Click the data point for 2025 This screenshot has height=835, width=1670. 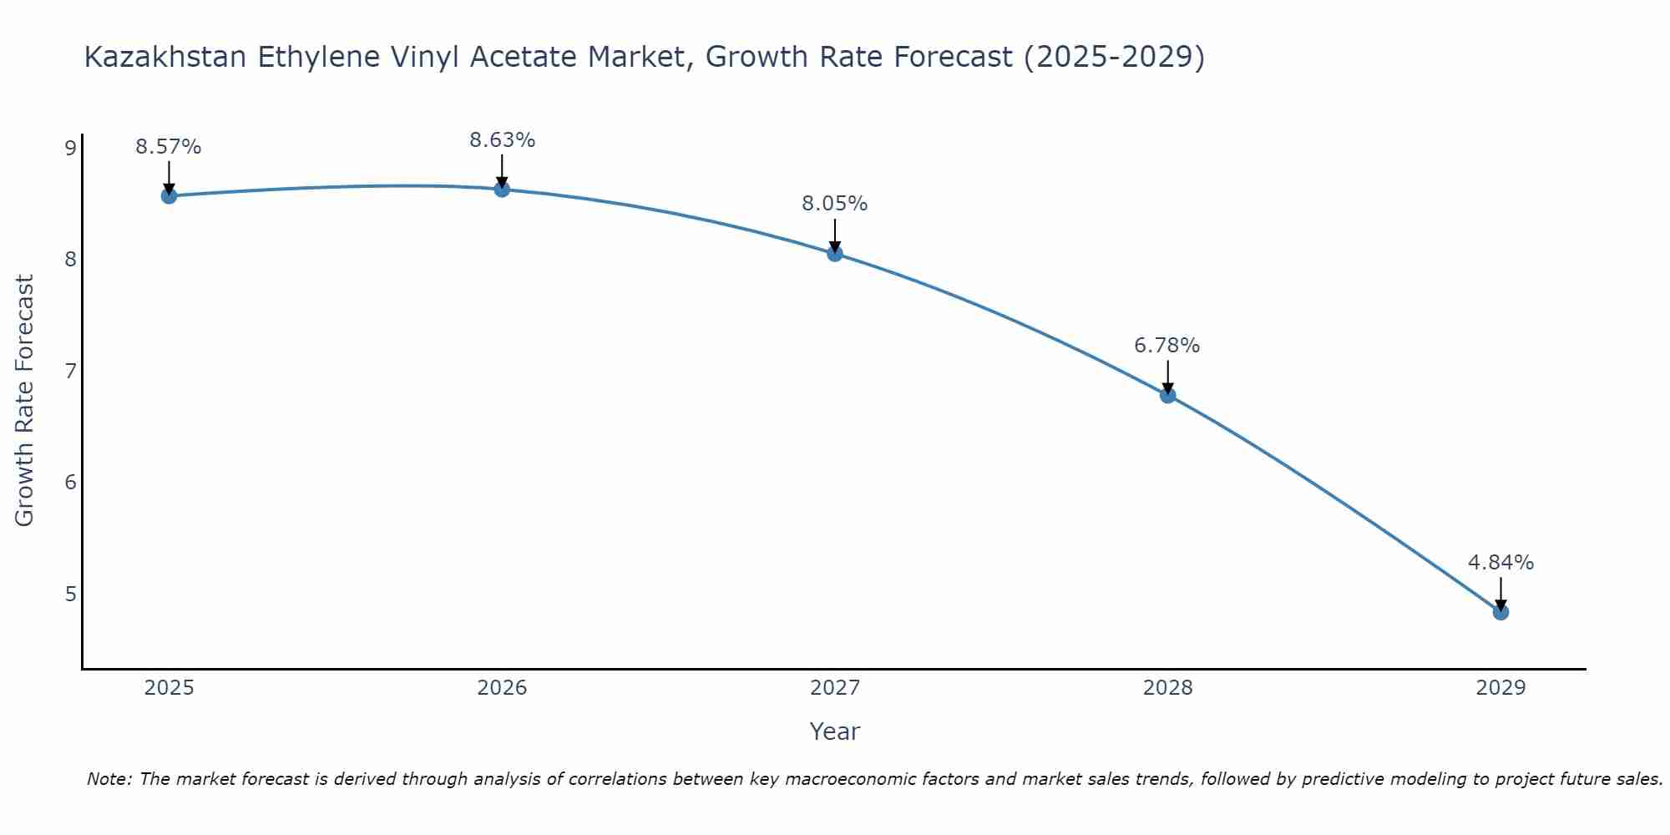(x=169, y=196)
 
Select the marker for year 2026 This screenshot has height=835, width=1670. (x=502, y=190)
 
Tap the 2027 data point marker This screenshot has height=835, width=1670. (x=835, y=254)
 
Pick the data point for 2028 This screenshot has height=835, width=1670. (x=1168, y=395)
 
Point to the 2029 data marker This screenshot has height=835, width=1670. (x=1500, y=612)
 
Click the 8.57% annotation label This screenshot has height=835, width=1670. (x=169, y=147)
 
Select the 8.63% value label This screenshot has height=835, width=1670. (x=502, y=140)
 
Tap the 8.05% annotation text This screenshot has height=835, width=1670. (x=835, y=204)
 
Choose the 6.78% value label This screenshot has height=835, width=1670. (x=1167, y=346)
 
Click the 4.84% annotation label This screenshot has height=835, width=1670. (x=1500, y=563)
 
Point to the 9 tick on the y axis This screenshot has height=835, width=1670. (x=70, y=149)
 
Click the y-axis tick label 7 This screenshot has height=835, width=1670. (x=70, y=371)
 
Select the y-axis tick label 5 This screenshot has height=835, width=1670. (x=70, y=594)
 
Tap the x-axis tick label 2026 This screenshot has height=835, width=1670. (x=502, y=688)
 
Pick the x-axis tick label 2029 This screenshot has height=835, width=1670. (x=1500, y=688)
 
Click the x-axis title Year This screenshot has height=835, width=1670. (x=835, y=731)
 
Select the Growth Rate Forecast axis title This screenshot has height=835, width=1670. (x=25, y=401)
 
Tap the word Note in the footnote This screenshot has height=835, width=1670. (x=108, y=779)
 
